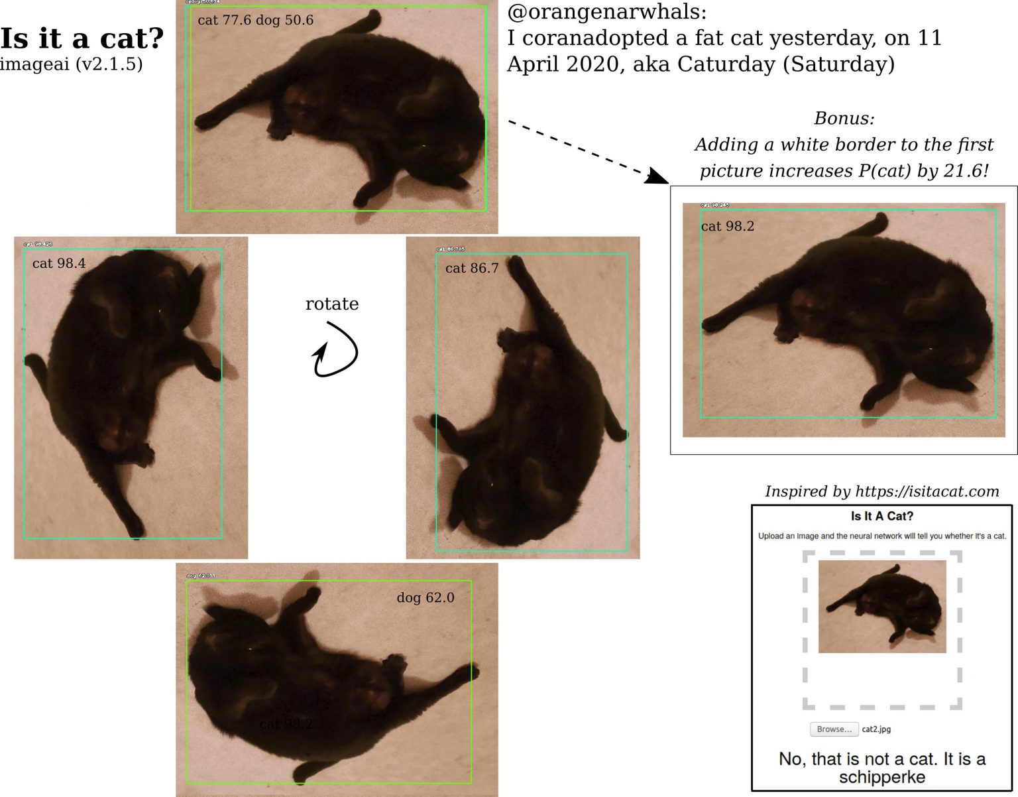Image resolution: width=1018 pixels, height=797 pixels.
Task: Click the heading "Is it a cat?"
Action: tap(82, 38)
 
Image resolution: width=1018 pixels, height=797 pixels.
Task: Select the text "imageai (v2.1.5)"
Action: tap(71, 64)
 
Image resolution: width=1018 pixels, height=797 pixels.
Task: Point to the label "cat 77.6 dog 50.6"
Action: tap(255, 20)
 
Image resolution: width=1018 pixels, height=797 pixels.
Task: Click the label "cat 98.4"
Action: tap(58, 263)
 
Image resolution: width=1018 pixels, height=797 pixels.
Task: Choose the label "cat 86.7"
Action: tap(471, 268)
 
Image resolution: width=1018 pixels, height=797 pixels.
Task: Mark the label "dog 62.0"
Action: tap(425, 597)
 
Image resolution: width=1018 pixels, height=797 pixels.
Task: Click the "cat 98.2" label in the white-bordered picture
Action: tap(727, 226)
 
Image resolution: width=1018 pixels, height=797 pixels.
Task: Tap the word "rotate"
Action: tap(331, 304)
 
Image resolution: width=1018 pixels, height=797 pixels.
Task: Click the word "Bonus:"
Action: tap(844, 119)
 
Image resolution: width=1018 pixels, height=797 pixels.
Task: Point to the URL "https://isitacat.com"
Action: tap(927, 491)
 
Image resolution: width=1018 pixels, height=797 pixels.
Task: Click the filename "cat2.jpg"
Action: tap(876, 729)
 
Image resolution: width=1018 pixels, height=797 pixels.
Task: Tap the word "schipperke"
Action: tap(881, 777)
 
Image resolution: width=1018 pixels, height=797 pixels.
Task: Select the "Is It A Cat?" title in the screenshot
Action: tap(881, 516)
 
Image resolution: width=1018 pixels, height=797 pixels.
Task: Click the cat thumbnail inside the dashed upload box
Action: tap(881, 607)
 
